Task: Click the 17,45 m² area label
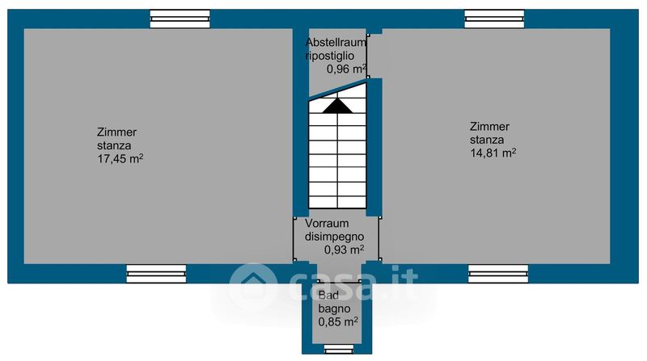pyautogui.click(x=120, y=159)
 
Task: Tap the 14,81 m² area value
pyautogui.click(x=493, y=153)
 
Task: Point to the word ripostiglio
pyautogui.click(x=330, y=56)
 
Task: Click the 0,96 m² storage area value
pyautogui.click(x=346, y=69)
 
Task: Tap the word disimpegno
pyautogui.click(x=334, y=237)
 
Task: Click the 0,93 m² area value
pyautogui.click(x=344, y=250)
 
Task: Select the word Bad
pyautogui.click(x=328, y=295)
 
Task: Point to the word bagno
pyautogui.click(x=332, y=308)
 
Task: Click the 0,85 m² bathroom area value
pyautogui.click(x=338, y=321)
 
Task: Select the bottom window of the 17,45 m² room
pyautogui.click(x=156, y=274)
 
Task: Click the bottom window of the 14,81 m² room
pyautogui.click(x=498, y=274)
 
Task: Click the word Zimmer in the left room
pyautogui.click(x=116, y=132)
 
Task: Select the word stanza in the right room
pyautogui.click(x=487, y=140)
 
